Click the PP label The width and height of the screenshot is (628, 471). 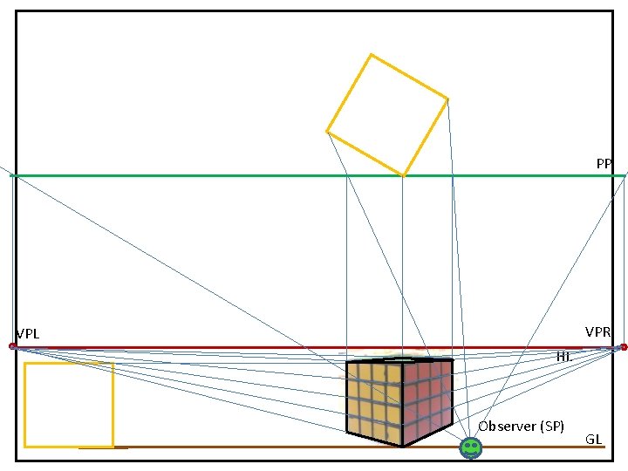tap(604, 163)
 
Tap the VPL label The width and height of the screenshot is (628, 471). tap(28, 334)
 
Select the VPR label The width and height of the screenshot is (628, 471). tap(597, 331)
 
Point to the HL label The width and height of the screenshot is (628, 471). tap(563, 356)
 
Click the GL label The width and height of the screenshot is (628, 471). tap(593, 439)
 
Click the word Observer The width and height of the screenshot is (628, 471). tap(506, 426)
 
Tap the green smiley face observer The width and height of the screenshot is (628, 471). tap(470, 447)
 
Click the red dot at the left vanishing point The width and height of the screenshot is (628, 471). tap(12, 346)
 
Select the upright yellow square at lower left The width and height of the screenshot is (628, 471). tap(69, 405)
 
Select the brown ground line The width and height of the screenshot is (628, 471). tap(262, 447)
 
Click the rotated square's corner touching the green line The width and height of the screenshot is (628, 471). tap(403, 176)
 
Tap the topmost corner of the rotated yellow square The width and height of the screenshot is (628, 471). tap(371, 55)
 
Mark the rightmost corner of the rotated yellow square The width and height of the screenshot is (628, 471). tap(447, 99)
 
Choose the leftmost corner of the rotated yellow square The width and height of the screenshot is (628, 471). tap(327, 132)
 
